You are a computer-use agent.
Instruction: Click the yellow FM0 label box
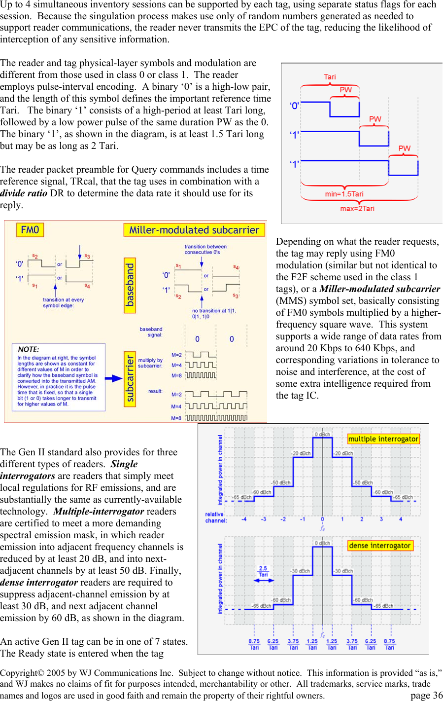tap(30, 230)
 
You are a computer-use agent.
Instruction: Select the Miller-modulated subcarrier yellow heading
tap(194, 230)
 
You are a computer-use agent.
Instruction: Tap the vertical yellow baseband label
tap(130, 285)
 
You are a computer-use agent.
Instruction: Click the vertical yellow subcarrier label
tap(130, 379)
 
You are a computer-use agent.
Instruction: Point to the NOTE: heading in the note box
tap(29, 349)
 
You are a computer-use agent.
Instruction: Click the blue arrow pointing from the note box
tap(114, 378)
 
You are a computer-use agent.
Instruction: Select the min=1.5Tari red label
tap(344, 194)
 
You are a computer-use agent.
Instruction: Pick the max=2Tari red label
tap(357, 209)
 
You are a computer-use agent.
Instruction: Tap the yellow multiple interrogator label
tap(383, 439)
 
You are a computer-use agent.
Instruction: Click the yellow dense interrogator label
tap(380, 545)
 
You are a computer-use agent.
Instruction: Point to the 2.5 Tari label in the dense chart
tap(263, 571)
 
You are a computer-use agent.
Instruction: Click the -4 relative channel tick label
tap(244, 519)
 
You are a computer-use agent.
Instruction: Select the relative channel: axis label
tap(216, 517)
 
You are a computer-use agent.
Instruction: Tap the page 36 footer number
tap(426, 695)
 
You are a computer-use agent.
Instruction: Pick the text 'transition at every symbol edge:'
tap(63, 302)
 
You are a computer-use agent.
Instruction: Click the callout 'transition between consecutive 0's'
tap(205, 249)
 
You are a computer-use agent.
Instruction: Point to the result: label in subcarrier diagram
tap(155, 391)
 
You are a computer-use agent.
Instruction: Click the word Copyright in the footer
tap(19, 673)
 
